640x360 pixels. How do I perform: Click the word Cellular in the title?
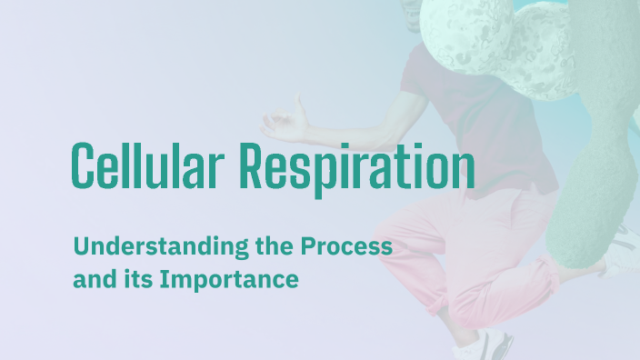coord(147,167)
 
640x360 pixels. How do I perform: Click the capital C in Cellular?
coord(84,165)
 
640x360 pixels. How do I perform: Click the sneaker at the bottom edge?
coord(482,346)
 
